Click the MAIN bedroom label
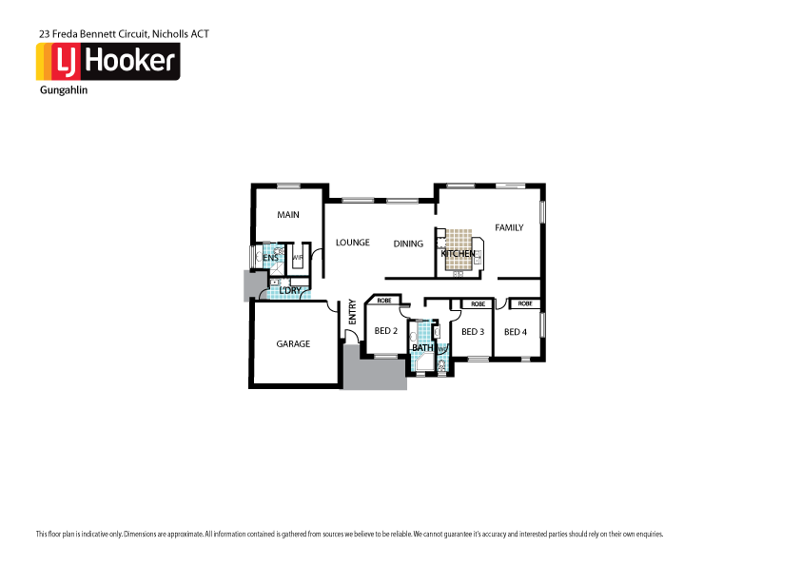[x=288, y=215]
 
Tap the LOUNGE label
[x=352, y=243]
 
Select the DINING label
[x=408, y=244]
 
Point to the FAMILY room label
[x=509, y=227]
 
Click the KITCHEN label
[x=458, y=254]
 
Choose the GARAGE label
[x=293, y=343]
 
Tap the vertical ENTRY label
[x=352, y=313]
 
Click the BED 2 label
[x=385, y=332]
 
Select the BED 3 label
[x=473, y=332]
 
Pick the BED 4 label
[x=515, y=332]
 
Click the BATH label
[x=422, y=348]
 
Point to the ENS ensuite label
[x=270, y=258]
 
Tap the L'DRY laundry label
[x=289, y=290]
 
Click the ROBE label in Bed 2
[x=383, y=301]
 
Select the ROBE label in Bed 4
[x=525, y=303]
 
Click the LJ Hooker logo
[x=107, y=62]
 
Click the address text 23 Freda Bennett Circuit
[x=124, y=33]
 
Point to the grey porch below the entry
[x=373, y=371]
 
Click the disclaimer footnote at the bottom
[x=348, y=534]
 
